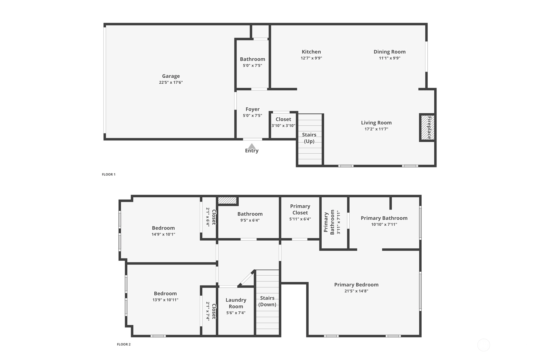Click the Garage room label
(171, 76)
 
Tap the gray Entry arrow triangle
(252, 146)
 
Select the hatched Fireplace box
(428, 127)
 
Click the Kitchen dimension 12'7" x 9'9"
(311, 58)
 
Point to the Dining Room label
(389, 52)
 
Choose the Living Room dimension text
(376, 129)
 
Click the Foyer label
(252, 109)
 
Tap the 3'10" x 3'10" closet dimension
(283, 126)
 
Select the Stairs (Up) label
(309, 138)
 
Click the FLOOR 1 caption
(109, 174)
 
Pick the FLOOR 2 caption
(124, 344)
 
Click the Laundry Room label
(236, 303)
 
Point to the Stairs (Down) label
(267, 301)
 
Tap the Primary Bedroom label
(356, 285)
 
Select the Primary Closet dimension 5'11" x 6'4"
(300, 219)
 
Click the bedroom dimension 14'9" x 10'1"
(163, 234)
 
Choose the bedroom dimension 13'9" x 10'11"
(165, 300)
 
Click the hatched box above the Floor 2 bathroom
(227, 201)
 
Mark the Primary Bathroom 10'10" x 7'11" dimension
(384, 224)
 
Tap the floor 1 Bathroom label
(252, 59)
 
